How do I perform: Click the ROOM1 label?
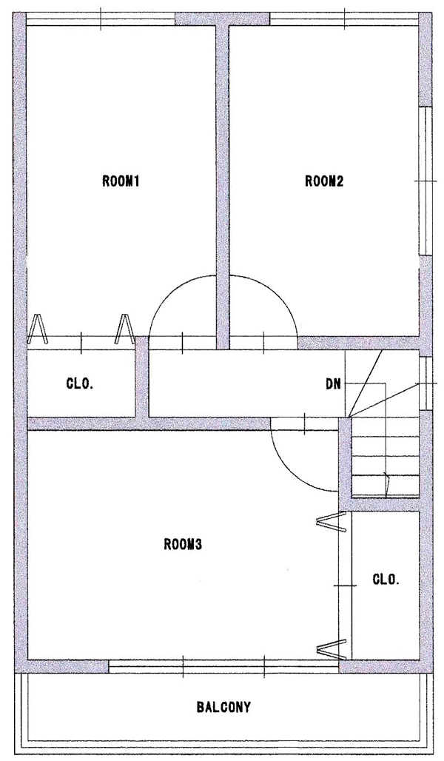[121, 181]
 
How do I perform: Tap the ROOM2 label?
[324, 181]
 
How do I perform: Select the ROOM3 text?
[183, 545]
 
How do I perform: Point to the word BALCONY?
[223, 707]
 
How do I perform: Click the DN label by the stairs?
[333, 385]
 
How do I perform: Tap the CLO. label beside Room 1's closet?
[80, 384]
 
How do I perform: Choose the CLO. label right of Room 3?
[386, 579]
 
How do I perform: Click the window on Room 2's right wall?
[425, 180]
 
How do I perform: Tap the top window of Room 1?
[100, 19]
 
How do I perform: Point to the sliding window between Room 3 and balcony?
[223, 666]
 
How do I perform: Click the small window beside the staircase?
[425, 383]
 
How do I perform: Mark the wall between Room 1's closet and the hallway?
[141, 377]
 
